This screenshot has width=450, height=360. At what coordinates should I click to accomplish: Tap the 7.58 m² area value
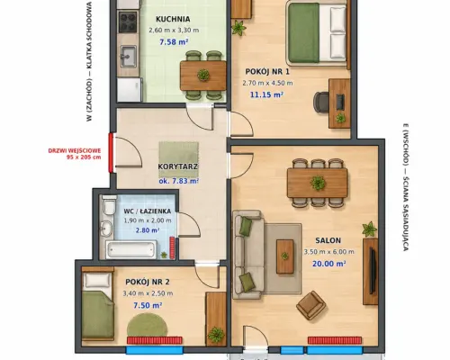[x=174, y=41]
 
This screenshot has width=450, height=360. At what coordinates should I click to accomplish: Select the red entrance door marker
[x=111, y=153]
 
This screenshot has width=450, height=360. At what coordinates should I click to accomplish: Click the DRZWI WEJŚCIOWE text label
[x=75, y=151]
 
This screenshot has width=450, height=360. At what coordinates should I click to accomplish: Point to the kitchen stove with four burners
[x=128, y=22]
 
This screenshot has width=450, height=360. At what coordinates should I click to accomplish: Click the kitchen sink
[x=129, y=56]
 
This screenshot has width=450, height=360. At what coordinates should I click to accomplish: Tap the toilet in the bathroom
[x=109, y=204]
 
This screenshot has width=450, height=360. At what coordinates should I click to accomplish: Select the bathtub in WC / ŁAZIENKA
[x=130, y=249]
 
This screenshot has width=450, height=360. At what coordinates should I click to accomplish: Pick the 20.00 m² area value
[x=329, y=264]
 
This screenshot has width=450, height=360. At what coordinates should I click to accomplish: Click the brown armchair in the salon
[x=311, y=305]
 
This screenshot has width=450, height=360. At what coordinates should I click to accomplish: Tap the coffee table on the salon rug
[x=284, y=256]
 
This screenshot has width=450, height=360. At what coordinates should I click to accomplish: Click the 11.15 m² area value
[x=267, y=94]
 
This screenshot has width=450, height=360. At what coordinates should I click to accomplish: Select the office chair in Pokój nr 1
[x=321, y=103]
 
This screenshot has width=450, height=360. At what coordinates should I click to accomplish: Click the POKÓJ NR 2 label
[x=148, y=282]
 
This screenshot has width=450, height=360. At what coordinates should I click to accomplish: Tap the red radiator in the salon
[x=335, y=340]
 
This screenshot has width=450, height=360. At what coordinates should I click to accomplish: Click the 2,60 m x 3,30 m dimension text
[x=174, y=31]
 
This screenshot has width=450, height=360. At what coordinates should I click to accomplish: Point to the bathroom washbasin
[x=105, y=229]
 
